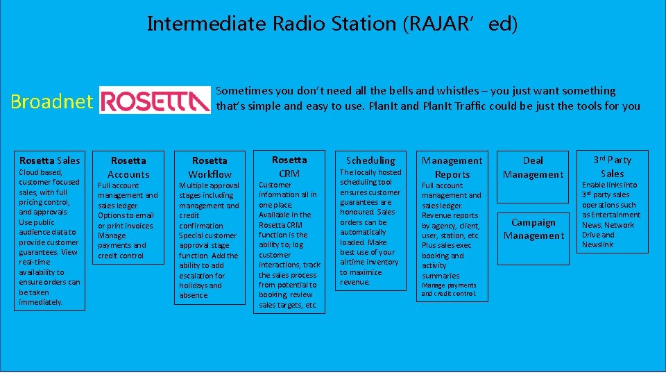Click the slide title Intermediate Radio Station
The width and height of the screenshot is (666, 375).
[x=332, y=24]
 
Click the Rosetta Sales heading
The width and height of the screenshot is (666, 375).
[x=49, y=160]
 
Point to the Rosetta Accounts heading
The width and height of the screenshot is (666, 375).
[x=128, y=167]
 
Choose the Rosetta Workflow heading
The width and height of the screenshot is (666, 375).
[x=210, y=167]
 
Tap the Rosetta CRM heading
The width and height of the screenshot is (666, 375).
[x=289, y=167]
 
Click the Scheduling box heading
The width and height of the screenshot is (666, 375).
[x=370, y=160]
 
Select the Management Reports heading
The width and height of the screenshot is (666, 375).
[x=452, y=167]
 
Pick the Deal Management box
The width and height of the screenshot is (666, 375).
[x=533, y=167]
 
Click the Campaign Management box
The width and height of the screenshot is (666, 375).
[x=533, y=229]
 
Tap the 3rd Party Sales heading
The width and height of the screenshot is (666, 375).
[x=612, y=167]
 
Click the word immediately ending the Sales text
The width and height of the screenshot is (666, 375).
[x=40, y=302]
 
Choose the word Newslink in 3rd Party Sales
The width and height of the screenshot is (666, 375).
[x=597, y=244]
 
